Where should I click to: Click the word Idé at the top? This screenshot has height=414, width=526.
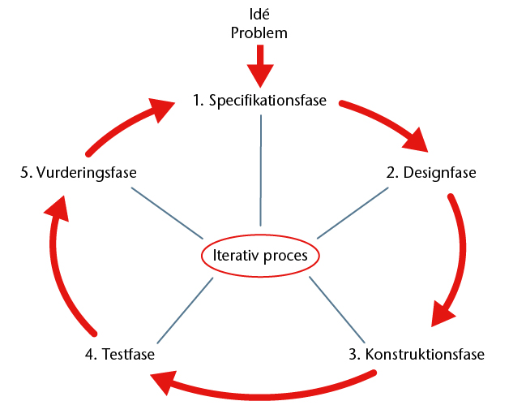pos(259,15)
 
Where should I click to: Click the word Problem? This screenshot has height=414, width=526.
pos(259,33)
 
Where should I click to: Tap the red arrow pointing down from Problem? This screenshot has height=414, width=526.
pos(260,66)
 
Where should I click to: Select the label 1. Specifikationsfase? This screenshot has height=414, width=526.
pos(259,101)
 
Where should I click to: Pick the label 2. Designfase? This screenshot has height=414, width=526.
pos(431,173)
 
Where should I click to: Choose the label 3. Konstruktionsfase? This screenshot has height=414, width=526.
pos(417,355)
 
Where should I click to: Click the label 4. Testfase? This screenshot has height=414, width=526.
pos(120,355)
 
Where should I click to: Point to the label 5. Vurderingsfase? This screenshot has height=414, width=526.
pos(79,173)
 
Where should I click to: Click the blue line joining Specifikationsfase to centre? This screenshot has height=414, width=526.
pos(261,170)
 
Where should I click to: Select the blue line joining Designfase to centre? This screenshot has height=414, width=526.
pos(353,213)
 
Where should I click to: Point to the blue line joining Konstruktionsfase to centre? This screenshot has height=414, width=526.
pos(337,309)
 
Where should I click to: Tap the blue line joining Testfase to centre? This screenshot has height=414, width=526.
pos(185,310)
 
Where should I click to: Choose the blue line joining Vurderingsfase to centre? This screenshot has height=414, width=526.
pos(167,213)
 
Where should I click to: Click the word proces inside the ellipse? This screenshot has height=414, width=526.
pos(285,256)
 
